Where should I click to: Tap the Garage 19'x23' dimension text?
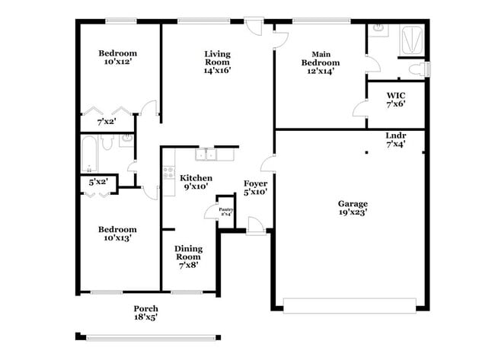click(353, 213)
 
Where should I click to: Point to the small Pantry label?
click(226, 210)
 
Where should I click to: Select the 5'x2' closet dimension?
click(97, 182)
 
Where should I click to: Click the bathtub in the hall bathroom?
click(89, 151)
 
